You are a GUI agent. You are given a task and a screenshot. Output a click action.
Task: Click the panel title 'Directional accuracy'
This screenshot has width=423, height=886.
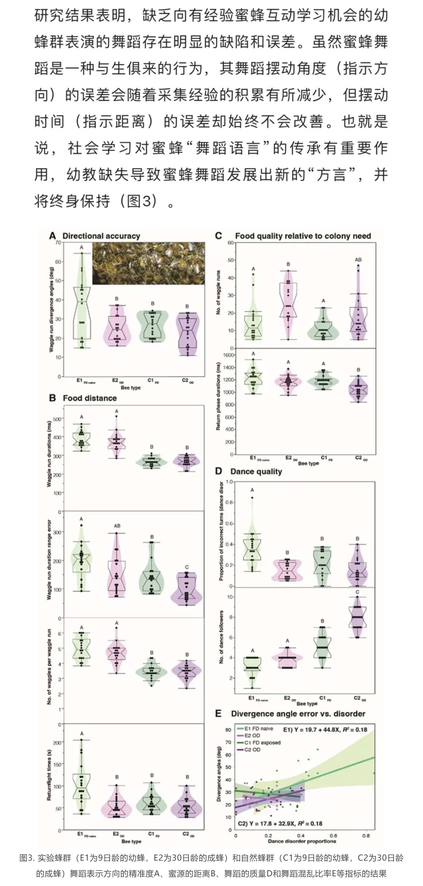[101, 236]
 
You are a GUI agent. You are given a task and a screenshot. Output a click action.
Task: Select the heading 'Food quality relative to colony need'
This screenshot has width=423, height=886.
[303, 236]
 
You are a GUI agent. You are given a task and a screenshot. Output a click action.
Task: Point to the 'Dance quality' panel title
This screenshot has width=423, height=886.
[256, 472]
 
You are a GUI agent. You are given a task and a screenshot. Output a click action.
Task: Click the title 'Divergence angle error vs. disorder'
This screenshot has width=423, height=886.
[298, 714]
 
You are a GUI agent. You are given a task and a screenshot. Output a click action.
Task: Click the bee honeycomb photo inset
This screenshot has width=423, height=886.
[149, 264]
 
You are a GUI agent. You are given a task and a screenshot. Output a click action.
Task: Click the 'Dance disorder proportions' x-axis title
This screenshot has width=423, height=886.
[302, 841]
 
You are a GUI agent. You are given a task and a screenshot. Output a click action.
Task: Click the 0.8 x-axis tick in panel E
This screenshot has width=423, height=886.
[366, 836]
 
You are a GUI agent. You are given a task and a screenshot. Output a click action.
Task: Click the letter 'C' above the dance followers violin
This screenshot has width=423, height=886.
[357, 592]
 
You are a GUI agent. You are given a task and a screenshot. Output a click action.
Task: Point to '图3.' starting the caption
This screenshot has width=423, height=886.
[27, 858]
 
